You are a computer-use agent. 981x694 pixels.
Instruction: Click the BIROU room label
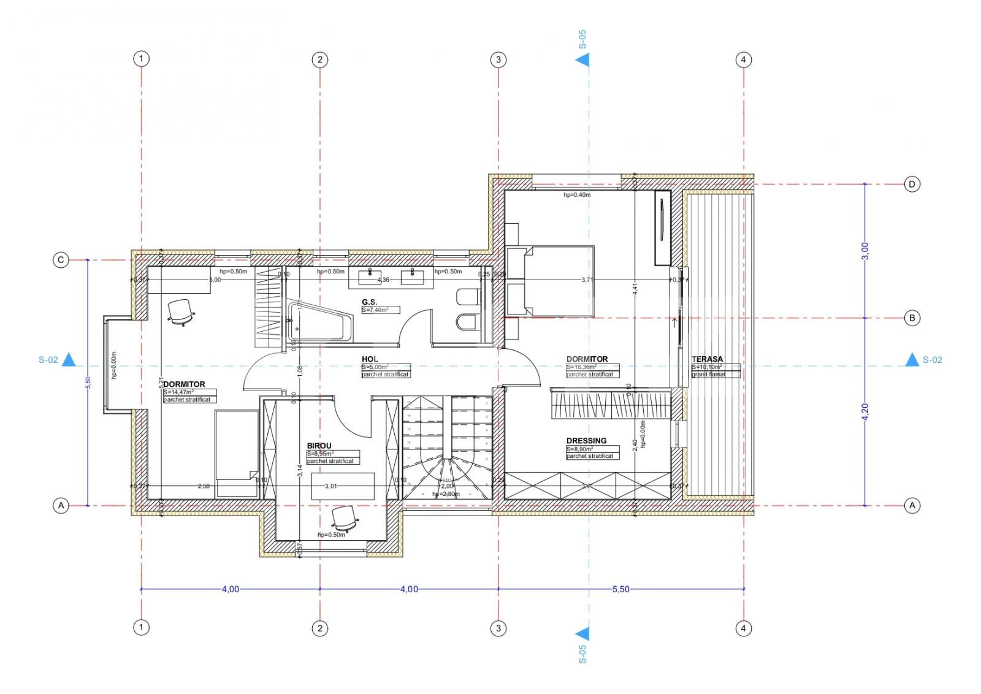pyautogui.click(x=319, y=446)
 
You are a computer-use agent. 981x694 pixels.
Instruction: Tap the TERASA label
pyautogui.click(x=707, y=359)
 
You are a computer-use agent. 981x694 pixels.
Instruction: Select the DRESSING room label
pyautogui.click(x=586, y=440)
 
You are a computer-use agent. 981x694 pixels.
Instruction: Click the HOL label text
pyautogui.click(x=370, y=359)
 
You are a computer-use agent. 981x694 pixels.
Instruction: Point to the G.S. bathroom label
pyautogui.click(x=369, y=302)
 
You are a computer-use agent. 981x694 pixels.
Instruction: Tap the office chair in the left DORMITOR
pyautogui.click(x=180, y=311)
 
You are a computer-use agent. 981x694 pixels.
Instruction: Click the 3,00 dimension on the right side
pyautogui.click(x=865, y=250)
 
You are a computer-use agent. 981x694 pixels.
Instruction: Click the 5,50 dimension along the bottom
pyautogui.click(x=620, y=589)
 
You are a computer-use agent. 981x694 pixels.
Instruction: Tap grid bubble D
pyautogui.click(x=912, y=184)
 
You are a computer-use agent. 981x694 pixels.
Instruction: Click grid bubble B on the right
pyautogui.click(x=912, y=318)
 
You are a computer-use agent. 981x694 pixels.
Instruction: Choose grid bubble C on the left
pyautogui.click(x=60, y=261)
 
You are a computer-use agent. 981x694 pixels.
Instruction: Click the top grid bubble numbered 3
pyautogui.click(x=498, y=59)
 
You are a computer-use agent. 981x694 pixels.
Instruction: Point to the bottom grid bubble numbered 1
pyautogui.click(x=141, y=627)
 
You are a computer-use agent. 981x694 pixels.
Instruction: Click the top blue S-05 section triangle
pyautogui.click(x=582, y=59)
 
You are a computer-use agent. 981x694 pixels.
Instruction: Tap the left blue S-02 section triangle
pyautogui.click(x=69, y=360)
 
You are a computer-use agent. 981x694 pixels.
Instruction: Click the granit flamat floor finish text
pyautogui.click(x=708, y=374)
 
